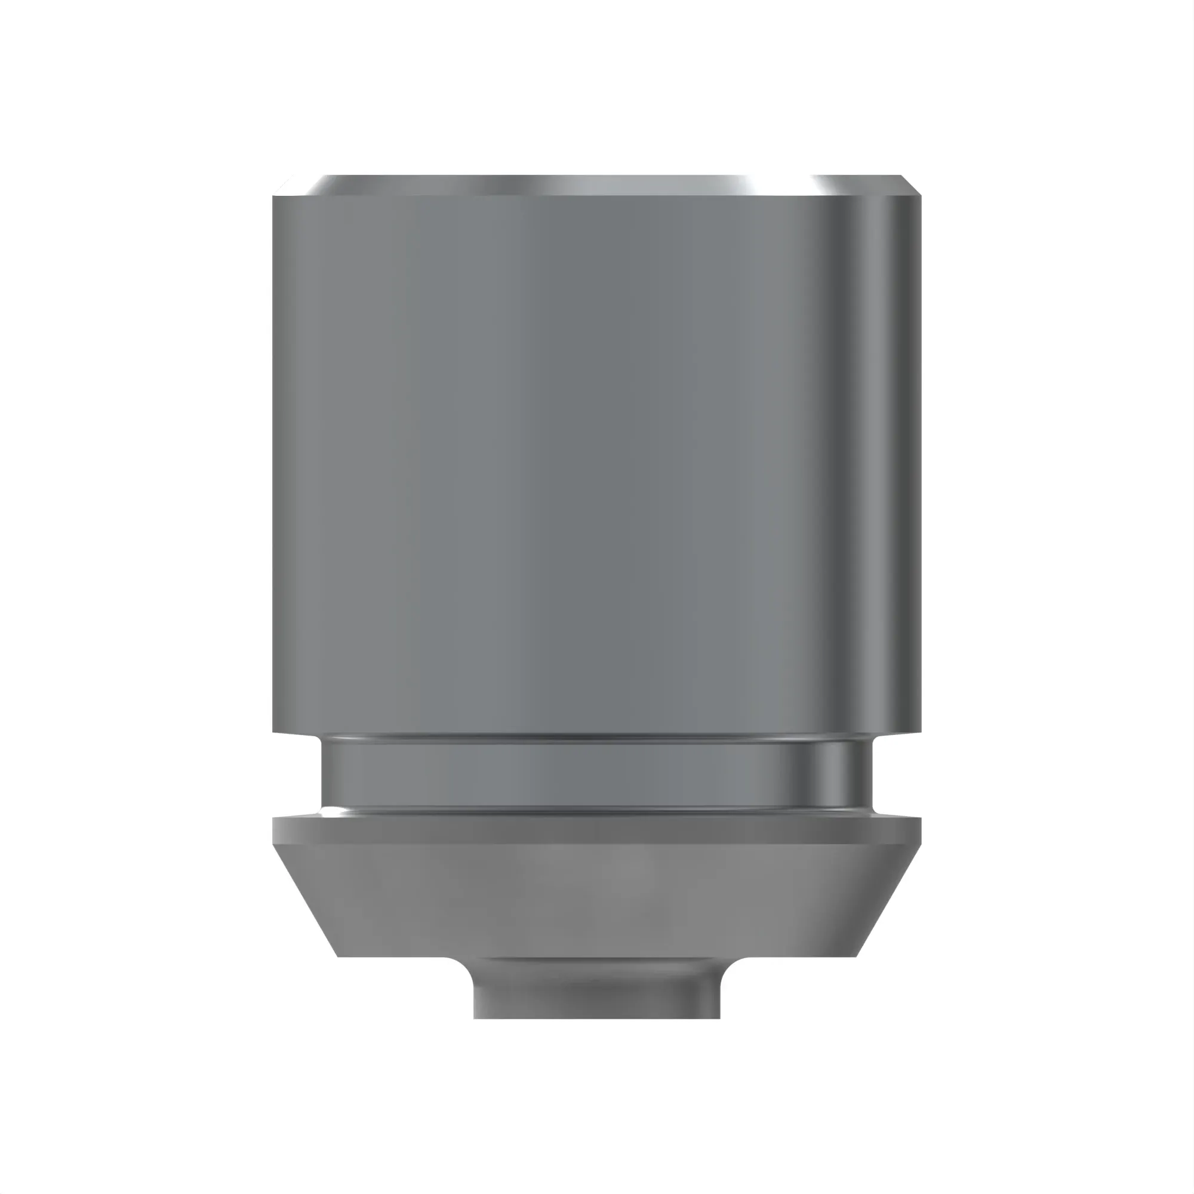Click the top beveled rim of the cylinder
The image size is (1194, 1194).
click(596, 186)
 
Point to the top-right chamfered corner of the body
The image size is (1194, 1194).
click(910, 186)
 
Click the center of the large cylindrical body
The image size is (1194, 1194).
click(596, 463)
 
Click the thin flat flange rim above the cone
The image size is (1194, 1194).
click(596, 830)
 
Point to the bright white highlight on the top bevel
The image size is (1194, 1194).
click(748, 184)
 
